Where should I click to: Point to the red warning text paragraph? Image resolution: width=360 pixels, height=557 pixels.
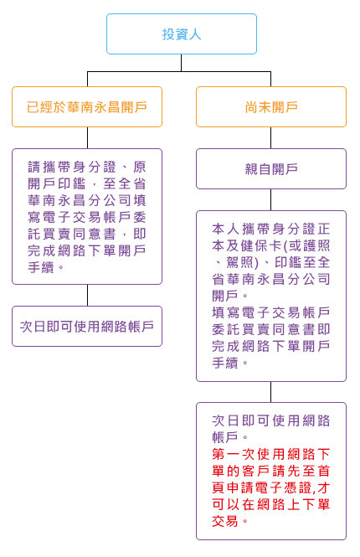[x=271, y=487]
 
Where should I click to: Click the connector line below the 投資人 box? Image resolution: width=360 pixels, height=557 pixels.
[x=182, y=63]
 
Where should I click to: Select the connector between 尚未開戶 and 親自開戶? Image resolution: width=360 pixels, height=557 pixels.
[x=271, y=138]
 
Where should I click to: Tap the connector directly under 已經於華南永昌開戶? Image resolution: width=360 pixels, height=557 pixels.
[x=87, y=138]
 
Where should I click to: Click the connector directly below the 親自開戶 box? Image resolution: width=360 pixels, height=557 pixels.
[x=271, y=199]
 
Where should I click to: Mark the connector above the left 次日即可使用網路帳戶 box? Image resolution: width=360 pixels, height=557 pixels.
[x=87, y=295]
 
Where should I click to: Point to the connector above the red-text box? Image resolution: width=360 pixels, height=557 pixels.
[x=271, y=392]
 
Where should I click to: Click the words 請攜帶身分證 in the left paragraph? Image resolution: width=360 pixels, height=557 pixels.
[x=72, y=167]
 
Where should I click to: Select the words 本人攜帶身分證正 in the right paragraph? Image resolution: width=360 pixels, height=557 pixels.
[x=271, y=230]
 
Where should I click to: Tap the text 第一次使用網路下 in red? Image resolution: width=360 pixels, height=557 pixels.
[x=271, y=454]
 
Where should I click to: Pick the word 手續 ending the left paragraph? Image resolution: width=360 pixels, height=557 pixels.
[x=41, y=267]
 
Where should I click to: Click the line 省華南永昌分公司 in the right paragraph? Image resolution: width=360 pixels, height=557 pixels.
[x=271, y=279]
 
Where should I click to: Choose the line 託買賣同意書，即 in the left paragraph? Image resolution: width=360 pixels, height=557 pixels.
[x=87, y=234]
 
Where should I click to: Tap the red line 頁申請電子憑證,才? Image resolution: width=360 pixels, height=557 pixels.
[x=271, y=487]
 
